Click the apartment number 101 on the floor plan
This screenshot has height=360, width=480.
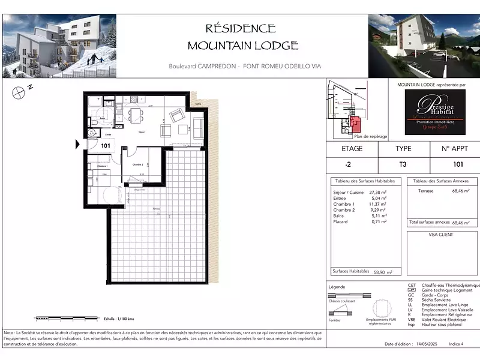[x=105, y=145]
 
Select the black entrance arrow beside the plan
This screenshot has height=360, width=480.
[x=77, y=145]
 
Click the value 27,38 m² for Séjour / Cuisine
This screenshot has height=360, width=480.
[x=376, y=192]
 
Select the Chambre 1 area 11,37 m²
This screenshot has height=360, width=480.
[x=376, y=204]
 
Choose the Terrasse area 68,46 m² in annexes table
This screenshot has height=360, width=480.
[x=460, y=191]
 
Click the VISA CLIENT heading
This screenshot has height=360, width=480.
[x=442, y=235]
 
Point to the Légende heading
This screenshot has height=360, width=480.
[x=337, y=287]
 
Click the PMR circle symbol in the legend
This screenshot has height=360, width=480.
[x=382, y=309]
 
